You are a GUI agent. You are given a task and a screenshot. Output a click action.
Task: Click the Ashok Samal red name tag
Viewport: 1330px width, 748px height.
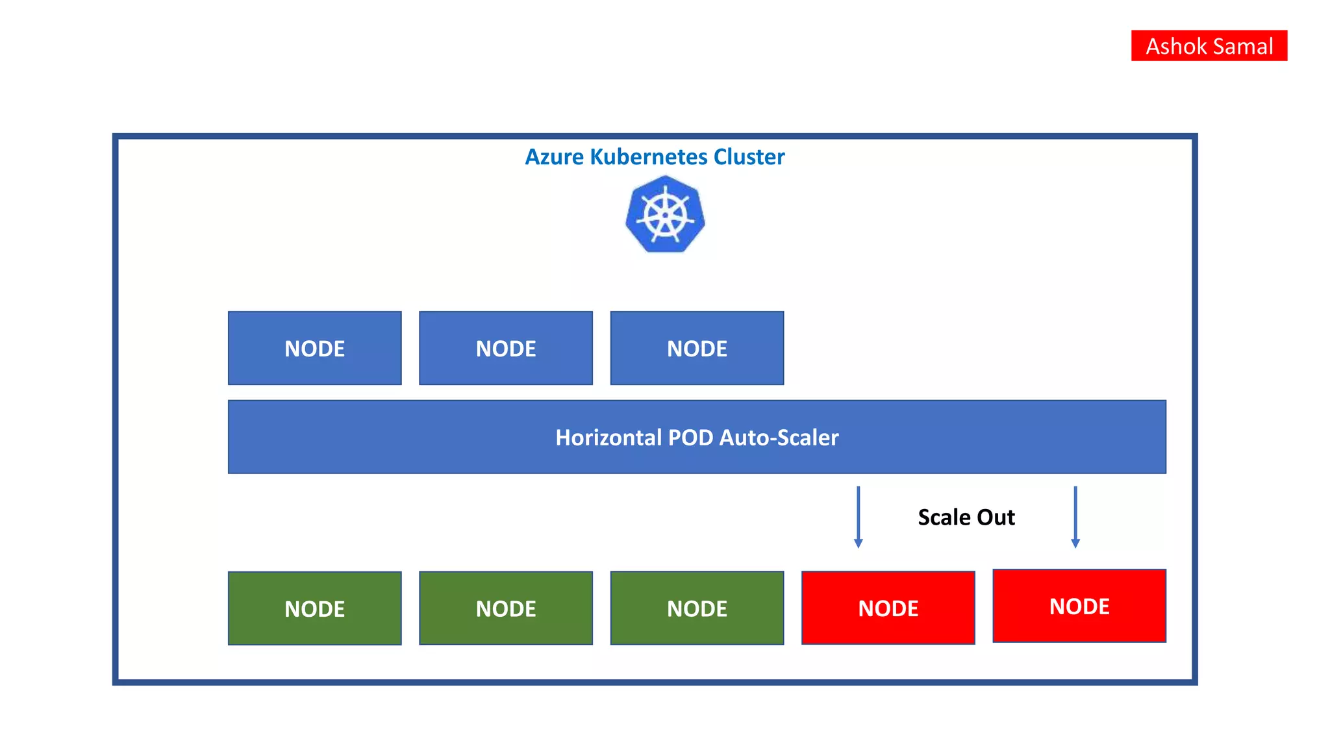[x=1209, y=45]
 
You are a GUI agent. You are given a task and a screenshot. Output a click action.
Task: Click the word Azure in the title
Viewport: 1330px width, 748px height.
[x=554, y=157]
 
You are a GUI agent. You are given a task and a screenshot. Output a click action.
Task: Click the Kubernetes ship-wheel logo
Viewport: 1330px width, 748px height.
[x=665, y=215]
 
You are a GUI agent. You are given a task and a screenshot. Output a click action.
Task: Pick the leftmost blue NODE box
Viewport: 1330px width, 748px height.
[x=314, y=348]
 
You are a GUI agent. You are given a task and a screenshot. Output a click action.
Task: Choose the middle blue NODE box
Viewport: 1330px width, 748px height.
[x=505, y=348]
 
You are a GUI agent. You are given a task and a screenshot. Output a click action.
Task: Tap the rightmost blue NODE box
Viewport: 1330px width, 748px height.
[x=697, y=348]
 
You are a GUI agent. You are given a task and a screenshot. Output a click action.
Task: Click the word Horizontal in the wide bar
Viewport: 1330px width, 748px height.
[x=609, y=438]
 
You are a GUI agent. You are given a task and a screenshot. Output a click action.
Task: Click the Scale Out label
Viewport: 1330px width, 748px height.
[x=966, y=517]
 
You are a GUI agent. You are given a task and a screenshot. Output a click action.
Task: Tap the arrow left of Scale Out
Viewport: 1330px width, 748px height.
[x=858, y=517]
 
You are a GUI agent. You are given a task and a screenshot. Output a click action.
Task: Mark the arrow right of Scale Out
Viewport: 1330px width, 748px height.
[x=1075, y=517]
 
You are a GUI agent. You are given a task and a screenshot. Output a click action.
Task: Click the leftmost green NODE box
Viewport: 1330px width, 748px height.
[x=314, y=608]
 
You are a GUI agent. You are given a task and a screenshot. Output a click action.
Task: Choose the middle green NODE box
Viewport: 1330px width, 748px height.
[x=505, y=608]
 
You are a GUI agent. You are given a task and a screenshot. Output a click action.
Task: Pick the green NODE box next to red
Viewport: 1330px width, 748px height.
[x=697, y=608]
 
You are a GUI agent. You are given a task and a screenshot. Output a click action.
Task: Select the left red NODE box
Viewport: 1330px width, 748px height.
[x=888, y=608]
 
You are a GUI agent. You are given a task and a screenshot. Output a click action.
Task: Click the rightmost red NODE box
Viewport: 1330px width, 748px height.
[x=1079, y=606]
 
